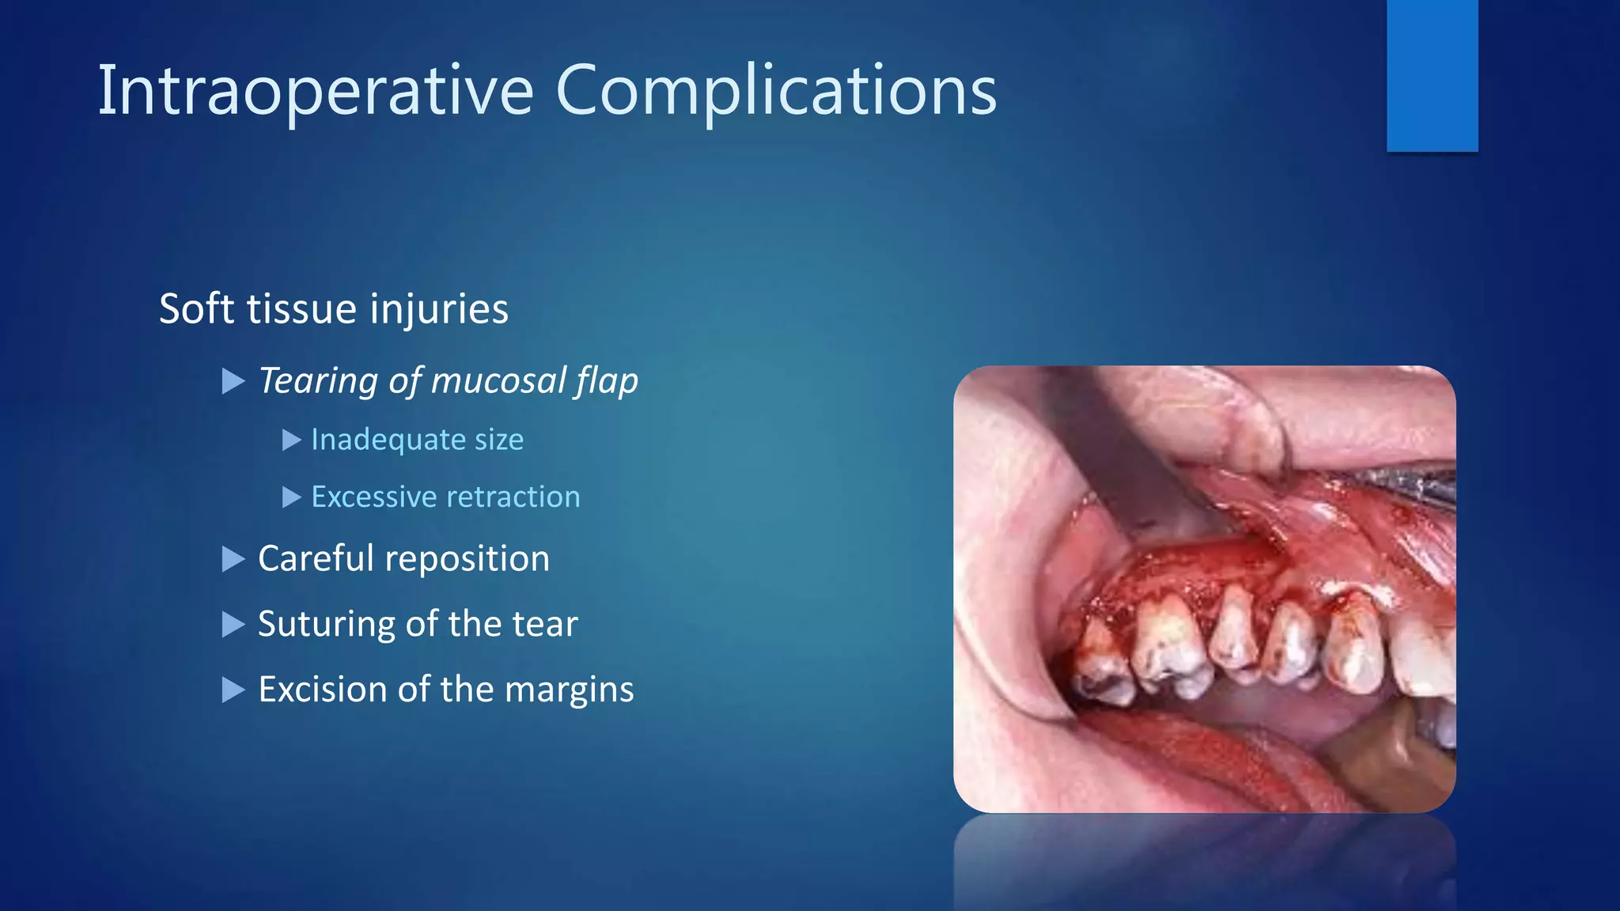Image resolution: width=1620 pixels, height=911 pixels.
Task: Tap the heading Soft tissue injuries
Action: [x=333, y=308]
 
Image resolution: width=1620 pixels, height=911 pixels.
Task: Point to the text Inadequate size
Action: [x=417, y=440]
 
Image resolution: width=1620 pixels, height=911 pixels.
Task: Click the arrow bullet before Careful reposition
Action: [x=233, y=559]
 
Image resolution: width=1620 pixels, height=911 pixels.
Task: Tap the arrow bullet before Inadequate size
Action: [x=291, y=440]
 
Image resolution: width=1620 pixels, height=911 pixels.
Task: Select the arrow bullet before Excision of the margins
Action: [x=233, y=690]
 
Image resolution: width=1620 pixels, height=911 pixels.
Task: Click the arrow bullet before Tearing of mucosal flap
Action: [x=233, y=381]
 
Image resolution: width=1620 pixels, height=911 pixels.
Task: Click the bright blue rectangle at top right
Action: [x=1432, y=75]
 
